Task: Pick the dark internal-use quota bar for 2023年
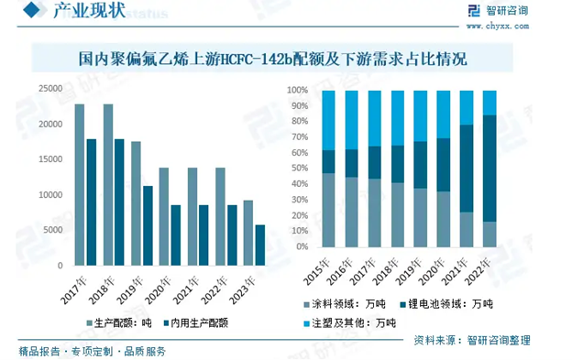(x=260, y=245)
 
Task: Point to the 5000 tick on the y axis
(x=52, y=230)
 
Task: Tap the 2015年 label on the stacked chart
(x=320, y=268)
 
